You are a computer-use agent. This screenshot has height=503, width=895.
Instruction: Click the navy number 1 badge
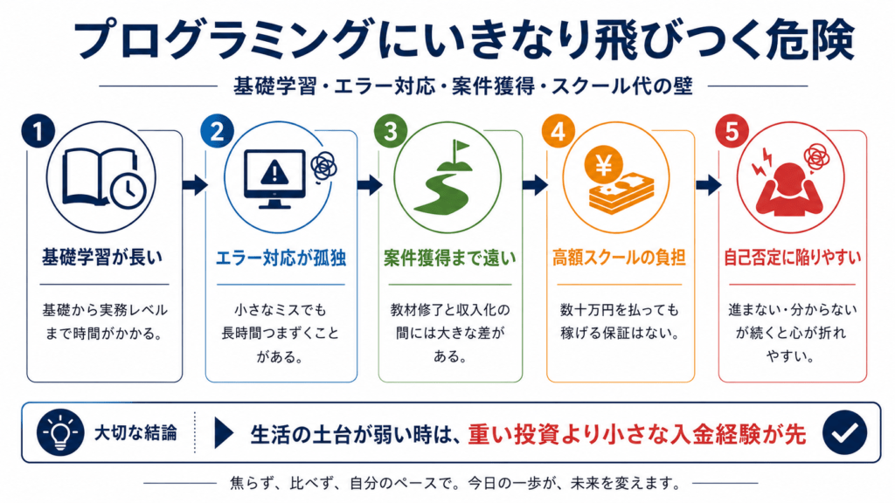[x=38, y=131]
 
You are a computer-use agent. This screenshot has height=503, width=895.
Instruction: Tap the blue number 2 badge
[x=217, y=131]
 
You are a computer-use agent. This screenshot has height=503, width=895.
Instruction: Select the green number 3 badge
[x=391, y=131]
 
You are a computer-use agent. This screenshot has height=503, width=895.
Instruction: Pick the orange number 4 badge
[x=559, y=132]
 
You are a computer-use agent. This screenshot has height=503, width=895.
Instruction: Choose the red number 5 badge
[x=732, y=132]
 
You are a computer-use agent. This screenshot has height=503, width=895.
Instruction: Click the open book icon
[x=100, y=176]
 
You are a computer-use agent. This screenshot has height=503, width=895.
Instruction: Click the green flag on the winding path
[x=460, y=150]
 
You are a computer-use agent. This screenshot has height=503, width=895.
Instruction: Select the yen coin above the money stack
[x=603, y=165]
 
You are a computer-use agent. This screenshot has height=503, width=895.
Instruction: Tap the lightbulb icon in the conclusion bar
[x=60, y=432]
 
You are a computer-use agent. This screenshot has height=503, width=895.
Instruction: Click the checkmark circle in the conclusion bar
[x=845, y=432]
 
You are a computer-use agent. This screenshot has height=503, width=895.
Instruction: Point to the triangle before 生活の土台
[x=224, y=433]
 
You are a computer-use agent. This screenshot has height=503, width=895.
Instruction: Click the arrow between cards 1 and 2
[x=195, y=184]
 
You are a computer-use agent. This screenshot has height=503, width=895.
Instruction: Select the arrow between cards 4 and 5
[x=708, y=184]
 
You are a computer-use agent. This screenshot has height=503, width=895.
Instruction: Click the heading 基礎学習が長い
[x=102, y=258]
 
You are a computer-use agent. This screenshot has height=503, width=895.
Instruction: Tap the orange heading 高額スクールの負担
[x=619, y=258]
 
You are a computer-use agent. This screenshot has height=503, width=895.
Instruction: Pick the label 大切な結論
[x=135, y=433]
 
